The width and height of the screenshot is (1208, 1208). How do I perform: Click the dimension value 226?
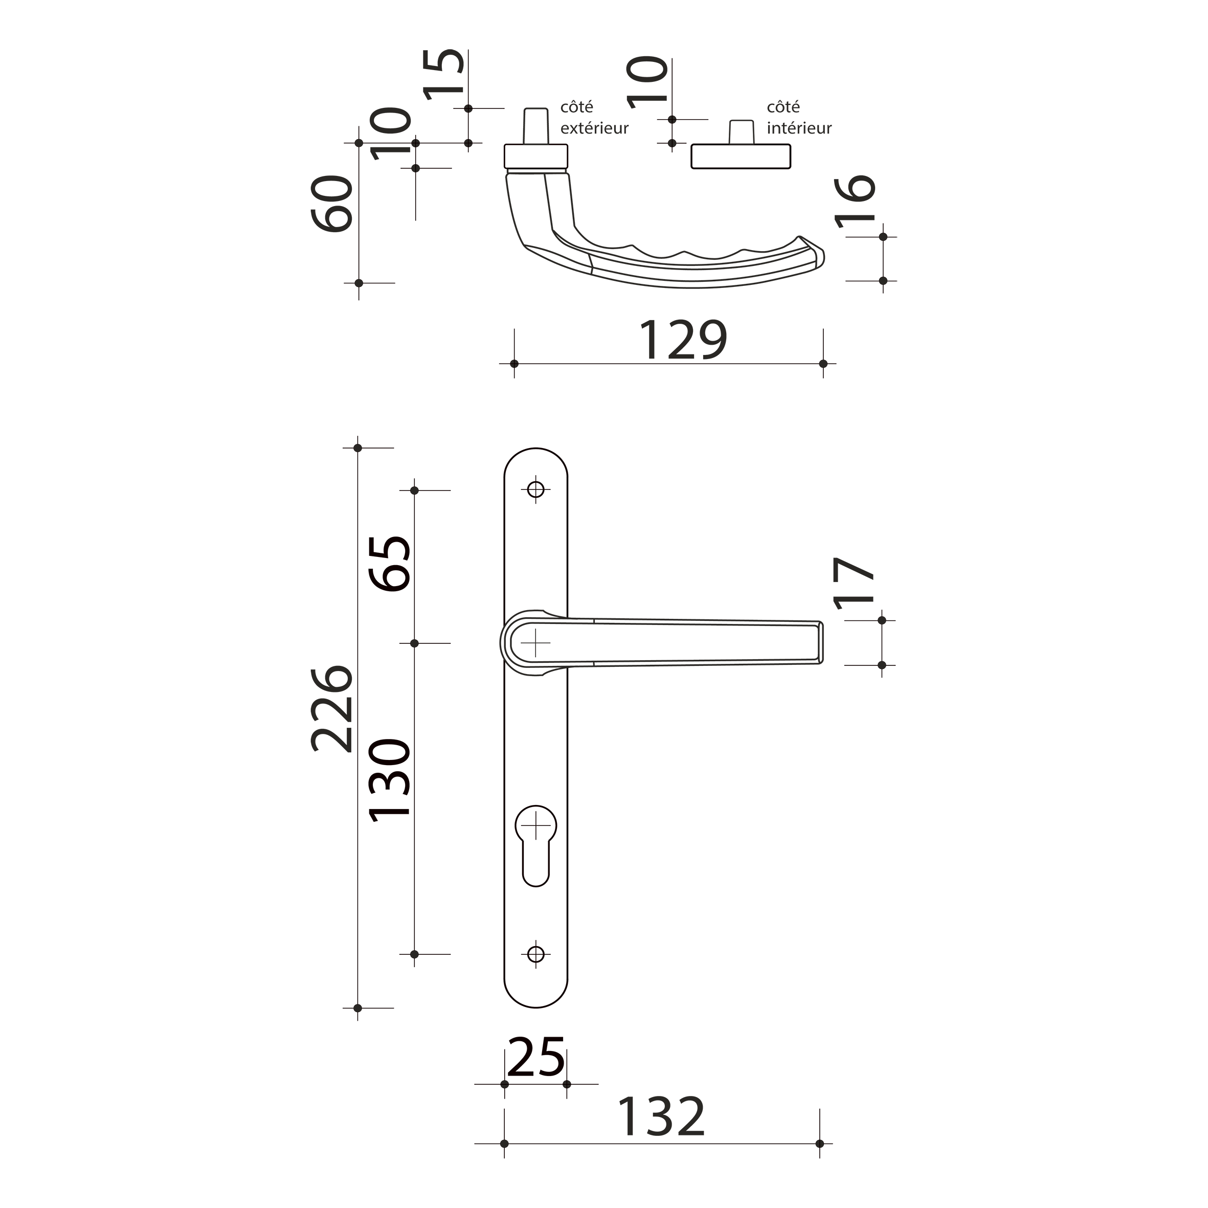point(332,709)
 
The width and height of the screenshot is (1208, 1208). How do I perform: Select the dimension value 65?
point(390,564)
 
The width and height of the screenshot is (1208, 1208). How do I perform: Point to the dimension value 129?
point(682,340)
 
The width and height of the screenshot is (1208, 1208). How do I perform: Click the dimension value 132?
point(661,1117)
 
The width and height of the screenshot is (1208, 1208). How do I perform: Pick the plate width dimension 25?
point(536,1057)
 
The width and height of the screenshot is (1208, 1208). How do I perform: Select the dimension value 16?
point(855,202)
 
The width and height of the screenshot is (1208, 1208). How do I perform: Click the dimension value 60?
point(332,204)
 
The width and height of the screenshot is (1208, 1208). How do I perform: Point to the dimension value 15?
point(444,74)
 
